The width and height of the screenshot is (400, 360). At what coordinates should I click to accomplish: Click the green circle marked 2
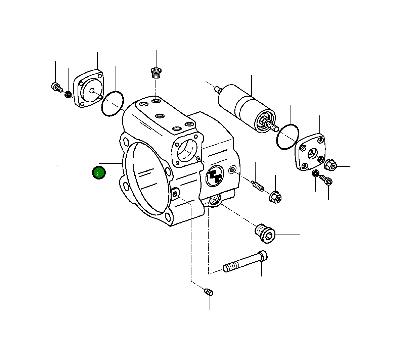[x=99, y=173]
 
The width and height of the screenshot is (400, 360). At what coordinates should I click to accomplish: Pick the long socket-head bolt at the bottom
[x=245, y=262]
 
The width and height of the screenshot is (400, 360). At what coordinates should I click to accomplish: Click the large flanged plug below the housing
[x=265, y=234]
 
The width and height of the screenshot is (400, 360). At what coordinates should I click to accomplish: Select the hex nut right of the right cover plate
[x=331, y=165]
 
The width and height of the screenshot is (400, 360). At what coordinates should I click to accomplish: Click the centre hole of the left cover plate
[x=92, y=90]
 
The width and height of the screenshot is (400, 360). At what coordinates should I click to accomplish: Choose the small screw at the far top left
[x=56, y=87]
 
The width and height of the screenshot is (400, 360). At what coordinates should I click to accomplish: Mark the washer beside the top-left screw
[x=68, y=95]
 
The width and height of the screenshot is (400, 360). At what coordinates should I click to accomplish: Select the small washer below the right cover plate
[x=315, y=173]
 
